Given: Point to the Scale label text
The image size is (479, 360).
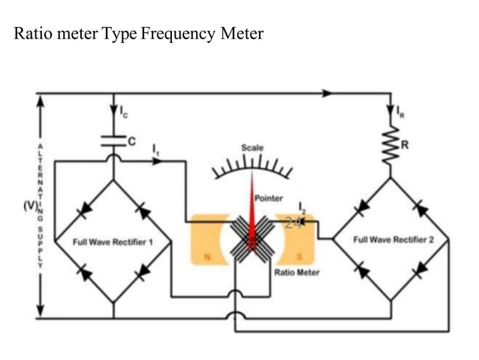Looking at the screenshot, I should tap(252, 148).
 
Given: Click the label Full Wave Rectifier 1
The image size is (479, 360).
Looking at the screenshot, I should tap(113, 242).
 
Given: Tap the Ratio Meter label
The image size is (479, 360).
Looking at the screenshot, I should tap(297, 272).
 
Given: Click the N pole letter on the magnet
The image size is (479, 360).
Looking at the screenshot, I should tap(200, 258).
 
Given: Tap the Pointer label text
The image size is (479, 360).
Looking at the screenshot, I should tap(269, 198).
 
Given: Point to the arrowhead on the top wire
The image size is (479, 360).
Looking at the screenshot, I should tap(327, 94).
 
